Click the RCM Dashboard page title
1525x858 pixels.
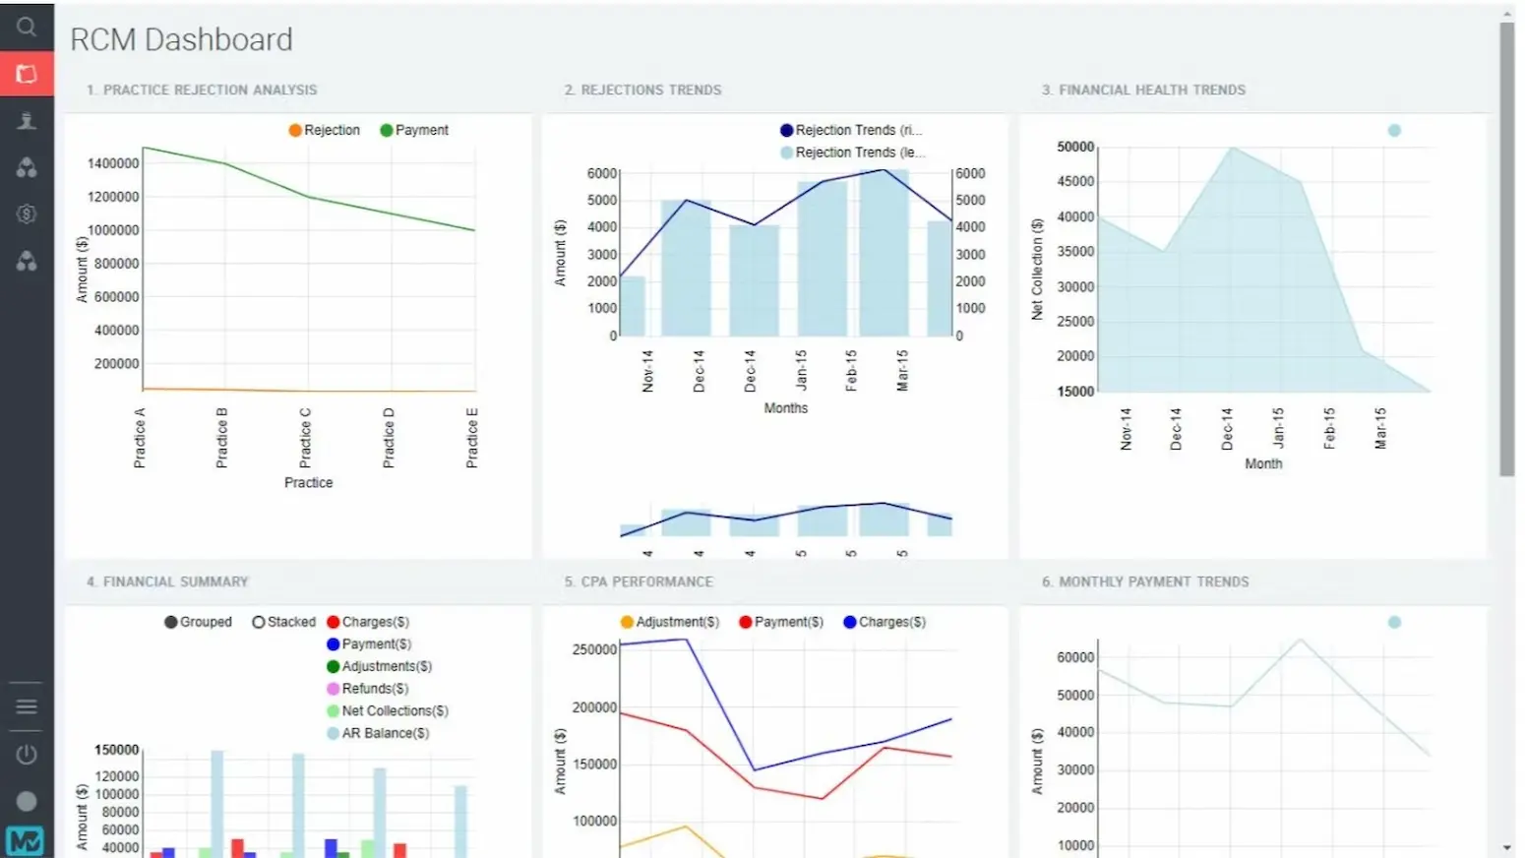(x=181, y=39)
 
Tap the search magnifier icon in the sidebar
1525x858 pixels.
(x=27, y=27)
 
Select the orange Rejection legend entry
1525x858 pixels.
(x=325, y=130)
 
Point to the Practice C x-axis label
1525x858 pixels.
(x=305, y=438)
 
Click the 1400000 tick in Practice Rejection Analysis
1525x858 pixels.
(x=113, y=163)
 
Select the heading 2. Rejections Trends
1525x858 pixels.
(x=642, y=90)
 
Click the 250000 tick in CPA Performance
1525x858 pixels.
(x=594, y=649)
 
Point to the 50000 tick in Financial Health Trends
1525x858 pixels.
(x=1075, y=147)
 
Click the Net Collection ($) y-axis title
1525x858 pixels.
(x=1037, y=269)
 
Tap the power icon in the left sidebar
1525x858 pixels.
(x=27, y=755)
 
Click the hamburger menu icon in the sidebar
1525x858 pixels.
(x=27, y=706)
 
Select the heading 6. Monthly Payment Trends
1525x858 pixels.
(x=1145, y=582)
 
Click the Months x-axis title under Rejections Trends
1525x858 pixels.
(x=785, y=408)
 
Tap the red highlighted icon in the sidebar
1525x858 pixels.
(x=27, y=74)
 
